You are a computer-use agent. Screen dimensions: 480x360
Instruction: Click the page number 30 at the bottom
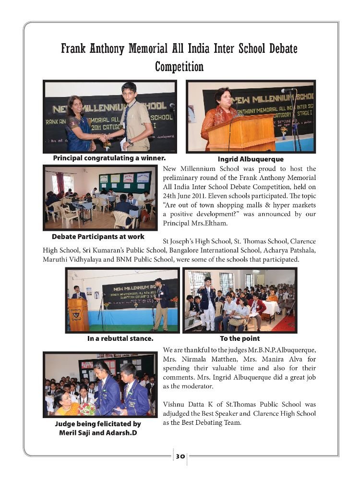click(x=180, y=456)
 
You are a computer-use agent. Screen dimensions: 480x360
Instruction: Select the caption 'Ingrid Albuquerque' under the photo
click(x=251, y=159)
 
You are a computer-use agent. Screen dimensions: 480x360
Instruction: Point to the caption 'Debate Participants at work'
click(x=98, y=237)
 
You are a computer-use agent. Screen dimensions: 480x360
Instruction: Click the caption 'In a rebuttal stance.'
click(x=120, y=338)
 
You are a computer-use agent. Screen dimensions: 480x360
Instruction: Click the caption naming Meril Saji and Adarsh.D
click(x=98, y=428)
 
